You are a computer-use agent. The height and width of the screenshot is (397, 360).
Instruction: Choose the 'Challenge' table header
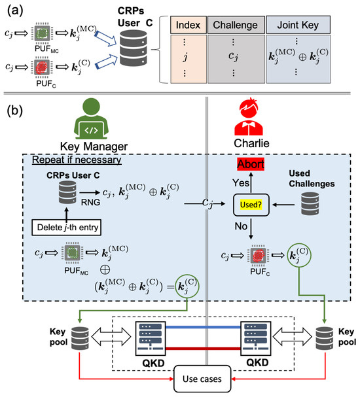(x=240, y=28)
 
